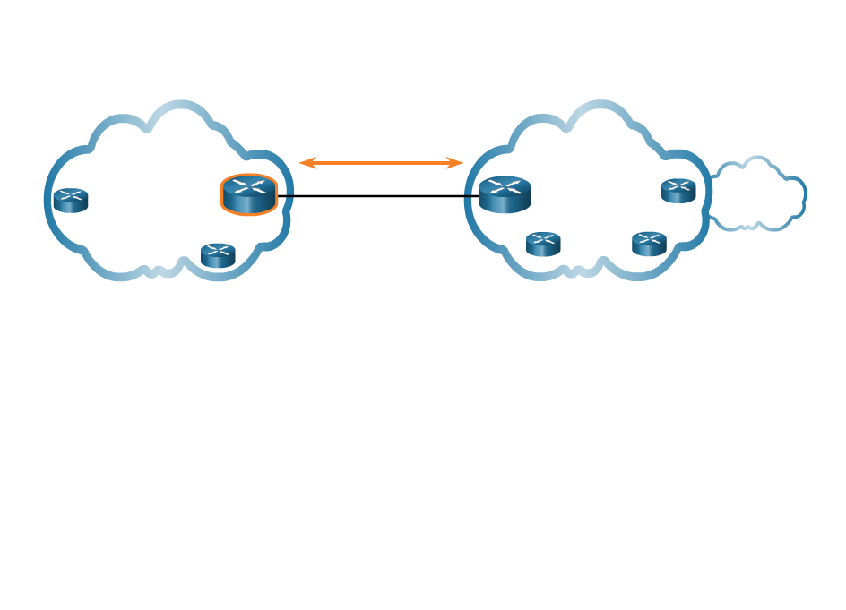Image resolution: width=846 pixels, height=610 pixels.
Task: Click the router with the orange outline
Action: click(x=249, y=194)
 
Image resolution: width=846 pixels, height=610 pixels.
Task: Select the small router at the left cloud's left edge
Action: click(x=70, y=201)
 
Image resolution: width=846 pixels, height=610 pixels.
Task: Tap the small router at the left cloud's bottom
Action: click(x=218, y=255)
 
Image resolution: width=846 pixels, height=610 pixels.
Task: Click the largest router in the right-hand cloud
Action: click(x=505, y=194)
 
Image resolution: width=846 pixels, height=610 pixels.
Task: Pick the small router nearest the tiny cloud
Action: click(x=678, y=191)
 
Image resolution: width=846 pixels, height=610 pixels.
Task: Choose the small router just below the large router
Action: click(x=543, y=244)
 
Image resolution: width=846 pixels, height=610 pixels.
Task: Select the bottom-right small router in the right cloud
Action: click(x=649, y=244)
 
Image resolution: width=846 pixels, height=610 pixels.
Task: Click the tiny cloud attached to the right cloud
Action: click(x=757, y=195)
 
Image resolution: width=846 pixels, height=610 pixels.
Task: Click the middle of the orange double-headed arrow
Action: click(x=381, y=163)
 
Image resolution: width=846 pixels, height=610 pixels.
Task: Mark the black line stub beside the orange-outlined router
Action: click(x=286, y=195)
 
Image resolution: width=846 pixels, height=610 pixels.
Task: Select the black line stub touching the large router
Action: click(x=471, y=195)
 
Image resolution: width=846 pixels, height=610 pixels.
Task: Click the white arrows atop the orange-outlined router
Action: click(x=249, y=186)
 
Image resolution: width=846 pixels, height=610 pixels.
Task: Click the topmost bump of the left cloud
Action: click(x=179, y=107)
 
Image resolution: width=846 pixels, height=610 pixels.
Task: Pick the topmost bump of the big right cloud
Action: click(x=599, y=107)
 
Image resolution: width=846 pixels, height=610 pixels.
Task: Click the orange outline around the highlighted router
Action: click(x=223, y=194)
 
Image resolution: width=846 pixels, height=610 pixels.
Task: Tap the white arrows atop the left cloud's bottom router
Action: click(x=218, y=250)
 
